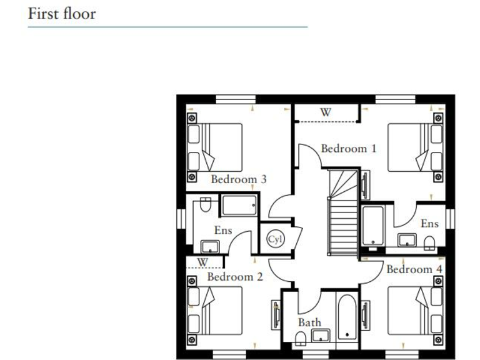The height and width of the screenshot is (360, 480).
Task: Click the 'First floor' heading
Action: [x=62, y=13]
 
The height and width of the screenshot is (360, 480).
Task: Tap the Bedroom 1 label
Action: [x=349, y=149]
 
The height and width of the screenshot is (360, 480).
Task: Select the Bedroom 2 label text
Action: [x=235, y=277]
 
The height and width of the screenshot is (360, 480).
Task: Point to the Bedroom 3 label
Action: [x=239, y=179]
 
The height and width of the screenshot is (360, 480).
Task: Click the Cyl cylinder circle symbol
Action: [x=274, y=239]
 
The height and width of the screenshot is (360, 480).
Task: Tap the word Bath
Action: [x=309, y=322]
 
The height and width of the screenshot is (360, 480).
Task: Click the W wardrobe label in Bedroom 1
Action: [x=326, y=112]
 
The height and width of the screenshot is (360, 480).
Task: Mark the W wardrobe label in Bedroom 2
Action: [x=202, y=262]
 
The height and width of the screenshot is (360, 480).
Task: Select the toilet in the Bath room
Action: [x=301, y=338]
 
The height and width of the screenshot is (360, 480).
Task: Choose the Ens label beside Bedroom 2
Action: [x=223, y=230]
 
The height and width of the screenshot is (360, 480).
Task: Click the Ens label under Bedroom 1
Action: [x=429, y=223]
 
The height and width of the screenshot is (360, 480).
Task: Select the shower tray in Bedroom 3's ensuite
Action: [x=238, y=205]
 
